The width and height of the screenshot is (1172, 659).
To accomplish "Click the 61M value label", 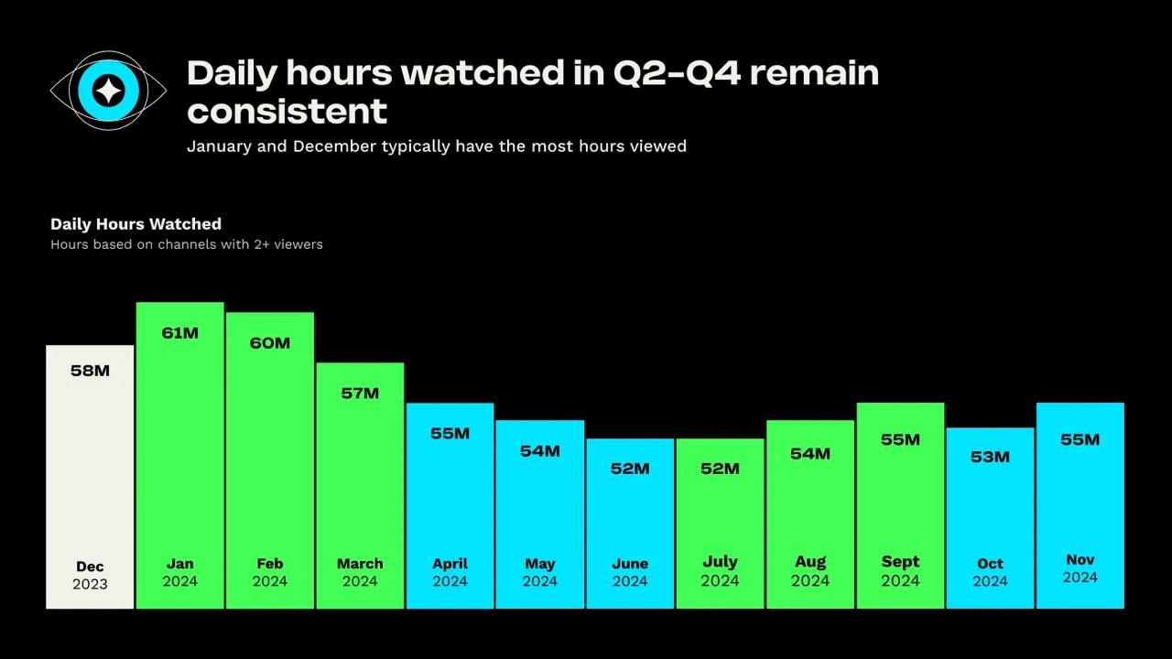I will click(179, 333).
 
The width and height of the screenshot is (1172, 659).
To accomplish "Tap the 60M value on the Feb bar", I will click(270, 343).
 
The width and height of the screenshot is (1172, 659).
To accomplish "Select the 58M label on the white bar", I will click(90, 371).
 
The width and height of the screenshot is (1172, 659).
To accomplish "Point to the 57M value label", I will click(360, 394).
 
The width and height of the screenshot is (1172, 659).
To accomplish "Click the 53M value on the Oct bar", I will click(990, 457).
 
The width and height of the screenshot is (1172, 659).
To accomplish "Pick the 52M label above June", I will click(630, 469).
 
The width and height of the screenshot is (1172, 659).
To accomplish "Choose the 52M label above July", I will click(720, 469).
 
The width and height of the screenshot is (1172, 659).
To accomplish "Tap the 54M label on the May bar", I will click(540, 451).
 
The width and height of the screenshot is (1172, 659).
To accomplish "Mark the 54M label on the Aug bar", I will click(810, 454).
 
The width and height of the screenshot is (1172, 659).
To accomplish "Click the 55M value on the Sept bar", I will click(900, 440).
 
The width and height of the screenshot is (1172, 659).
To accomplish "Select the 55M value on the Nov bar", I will click(1080, 440).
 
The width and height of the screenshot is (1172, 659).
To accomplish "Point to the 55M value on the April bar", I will click(450, 434).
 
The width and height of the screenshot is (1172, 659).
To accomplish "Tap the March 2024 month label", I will click(360, 572).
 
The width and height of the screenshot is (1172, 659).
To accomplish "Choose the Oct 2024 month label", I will click(990, 572).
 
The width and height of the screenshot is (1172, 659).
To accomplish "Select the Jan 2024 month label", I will click(179, 572).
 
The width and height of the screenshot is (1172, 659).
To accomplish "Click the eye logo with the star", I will click(109, 90).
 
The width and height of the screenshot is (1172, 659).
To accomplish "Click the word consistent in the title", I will click(288, 112).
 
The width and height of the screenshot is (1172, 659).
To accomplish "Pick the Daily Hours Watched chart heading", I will click(136, 224).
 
